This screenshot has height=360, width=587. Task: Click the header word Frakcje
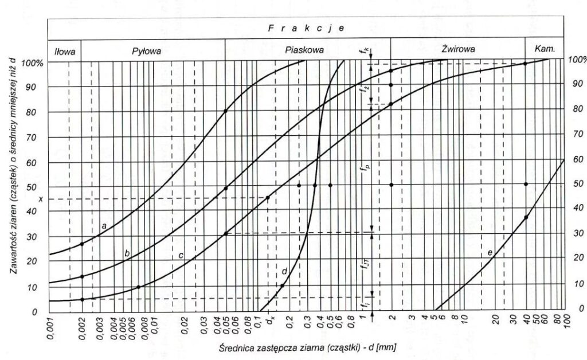(306, 28)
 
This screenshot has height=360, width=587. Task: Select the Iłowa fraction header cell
(65, 50)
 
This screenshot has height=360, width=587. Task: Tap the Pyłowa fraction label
(147, 50)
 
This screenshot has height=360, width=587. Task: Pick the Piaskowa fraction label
(304, 50)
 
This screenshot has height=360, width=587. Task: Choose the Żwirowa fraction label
(459, 50)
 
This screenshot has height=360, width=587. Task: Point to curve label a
(104, 226)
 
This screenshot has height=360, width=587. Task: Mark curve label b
(127, 253)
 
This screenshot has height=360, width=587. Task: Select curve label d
(284, 271)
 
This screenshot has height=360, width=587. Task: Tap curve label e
(490, 252)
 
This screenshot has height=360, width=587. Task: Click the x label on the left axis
(41, 198)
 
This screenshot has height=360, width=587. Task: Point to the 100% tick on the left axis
(32, 62)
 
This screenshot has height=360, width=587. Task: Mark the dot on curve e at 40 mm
(526, 217)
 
